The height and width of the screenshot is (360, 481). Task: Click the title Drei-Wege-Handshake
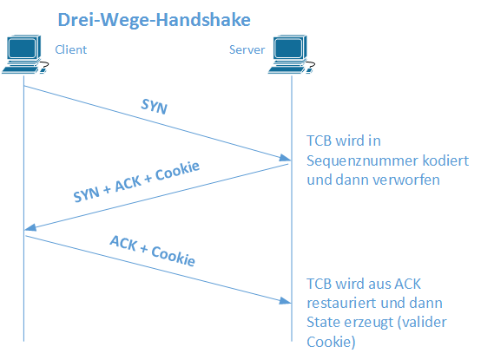point(155,20)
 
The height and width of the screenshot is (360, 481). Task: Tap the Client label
point(71,49)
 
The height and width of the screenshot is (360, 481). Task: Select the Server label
point(247,49)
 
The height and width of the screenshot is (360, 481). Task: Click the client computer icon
point(25,55)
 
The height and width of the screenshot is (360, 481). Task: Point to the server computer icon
point(292,55)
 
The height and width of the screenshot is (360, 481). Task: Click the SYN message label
point(154,107)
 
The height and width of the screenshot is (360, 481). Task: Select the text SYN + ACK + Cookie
point(136,181)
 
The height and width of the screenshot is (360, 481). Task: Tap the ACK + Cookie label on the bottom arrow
point(153,251)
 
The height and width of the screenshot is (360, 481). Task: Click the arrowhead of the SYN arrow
point(286,158)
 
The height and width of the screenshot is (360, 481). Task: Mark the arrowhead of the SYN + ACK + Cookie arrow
point(30,227)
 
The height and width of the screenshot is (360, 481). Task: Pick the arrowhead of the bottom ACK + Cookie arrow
point(286,301)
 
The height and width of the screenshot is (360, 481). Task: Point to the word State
point(324,323)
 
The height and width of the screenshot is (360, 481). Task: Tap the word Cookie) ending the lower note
point(331,342)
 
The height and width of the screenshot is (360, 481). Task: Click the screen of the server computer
point(288,49)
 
